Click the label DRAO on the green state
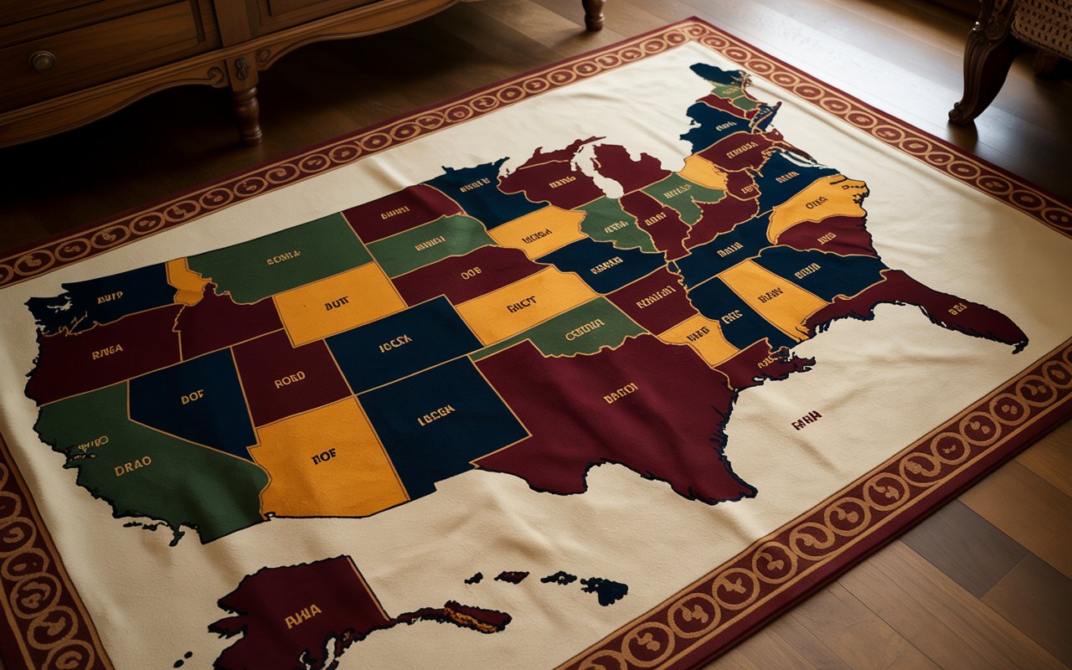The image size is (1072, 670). (x=133, y=471)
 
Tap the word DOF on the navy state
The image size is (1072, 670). (x=192, y=399)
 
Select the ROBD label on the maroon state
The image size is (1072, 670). (x=290, y=379)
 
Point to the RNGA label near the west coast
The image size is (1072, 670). (x=107, y=353)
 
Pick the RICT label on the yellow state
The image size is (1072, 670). (x=521, y=306)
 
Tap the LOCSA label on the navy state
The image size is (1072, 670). (x=394, y=342)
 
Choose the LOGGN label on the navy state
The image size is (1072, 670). (x=435, y=410)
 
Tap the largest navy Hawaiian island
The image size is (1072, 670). (x=605, y=590)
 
